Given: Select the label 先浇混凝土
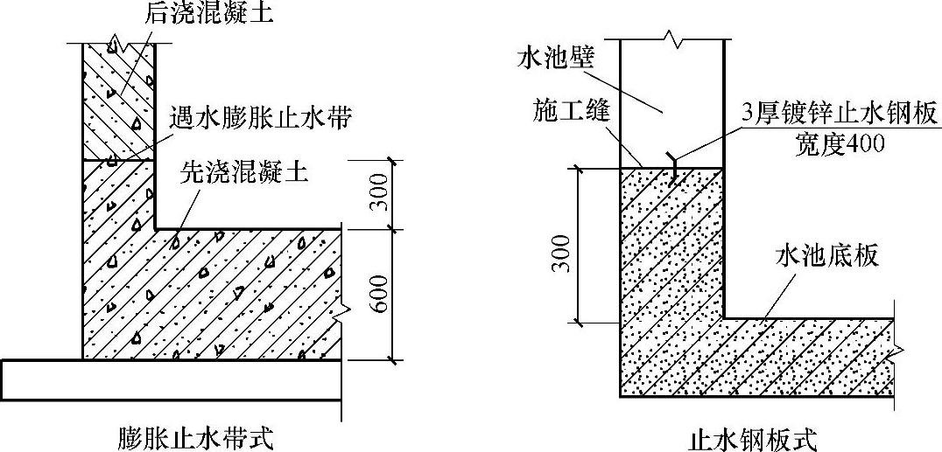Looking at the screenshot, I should click(244, 173).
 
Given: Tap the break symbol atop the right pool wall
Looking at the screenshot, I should click(672, 38).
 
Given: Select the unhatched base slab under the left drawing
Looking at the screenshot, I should click(171, 379).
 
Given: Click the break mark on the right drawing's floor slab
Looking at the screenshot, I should click(895, 351).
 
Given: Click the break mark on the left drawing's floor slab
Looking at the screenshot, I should click(342, 308).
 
